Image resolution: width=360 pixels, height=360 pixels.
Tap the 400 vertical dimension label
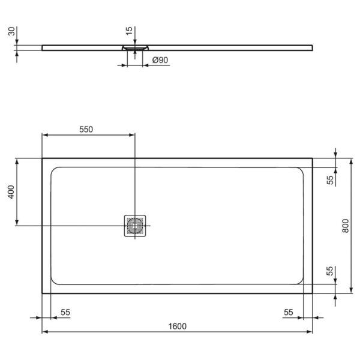[x=10, y=192]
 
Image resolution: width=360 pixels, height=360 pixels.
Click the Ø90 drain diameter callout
[x=160, y=60]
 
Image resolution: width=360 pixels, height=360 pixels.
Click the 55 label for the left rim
[x=65, y=312]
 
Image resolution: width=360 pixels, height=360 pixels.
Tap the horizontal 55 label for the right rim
[x=289, y=312]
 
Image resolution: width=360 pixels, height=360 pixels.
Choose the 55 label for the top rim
[x=330, y=180]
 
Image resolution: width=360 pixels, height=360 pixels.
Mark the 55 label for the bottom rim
[x=330, y=271]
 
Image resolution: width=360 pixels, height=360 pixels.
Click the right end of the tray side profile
[x=312, y=46]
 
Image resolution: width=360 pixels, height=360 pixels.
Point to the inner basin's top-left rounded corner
[x=56, y=170]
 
